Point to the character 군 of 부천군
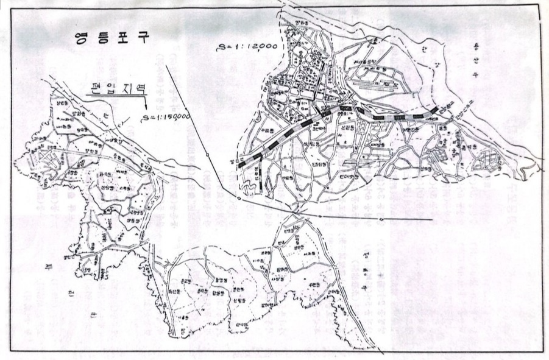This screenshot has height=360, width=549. click(93, 314)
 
